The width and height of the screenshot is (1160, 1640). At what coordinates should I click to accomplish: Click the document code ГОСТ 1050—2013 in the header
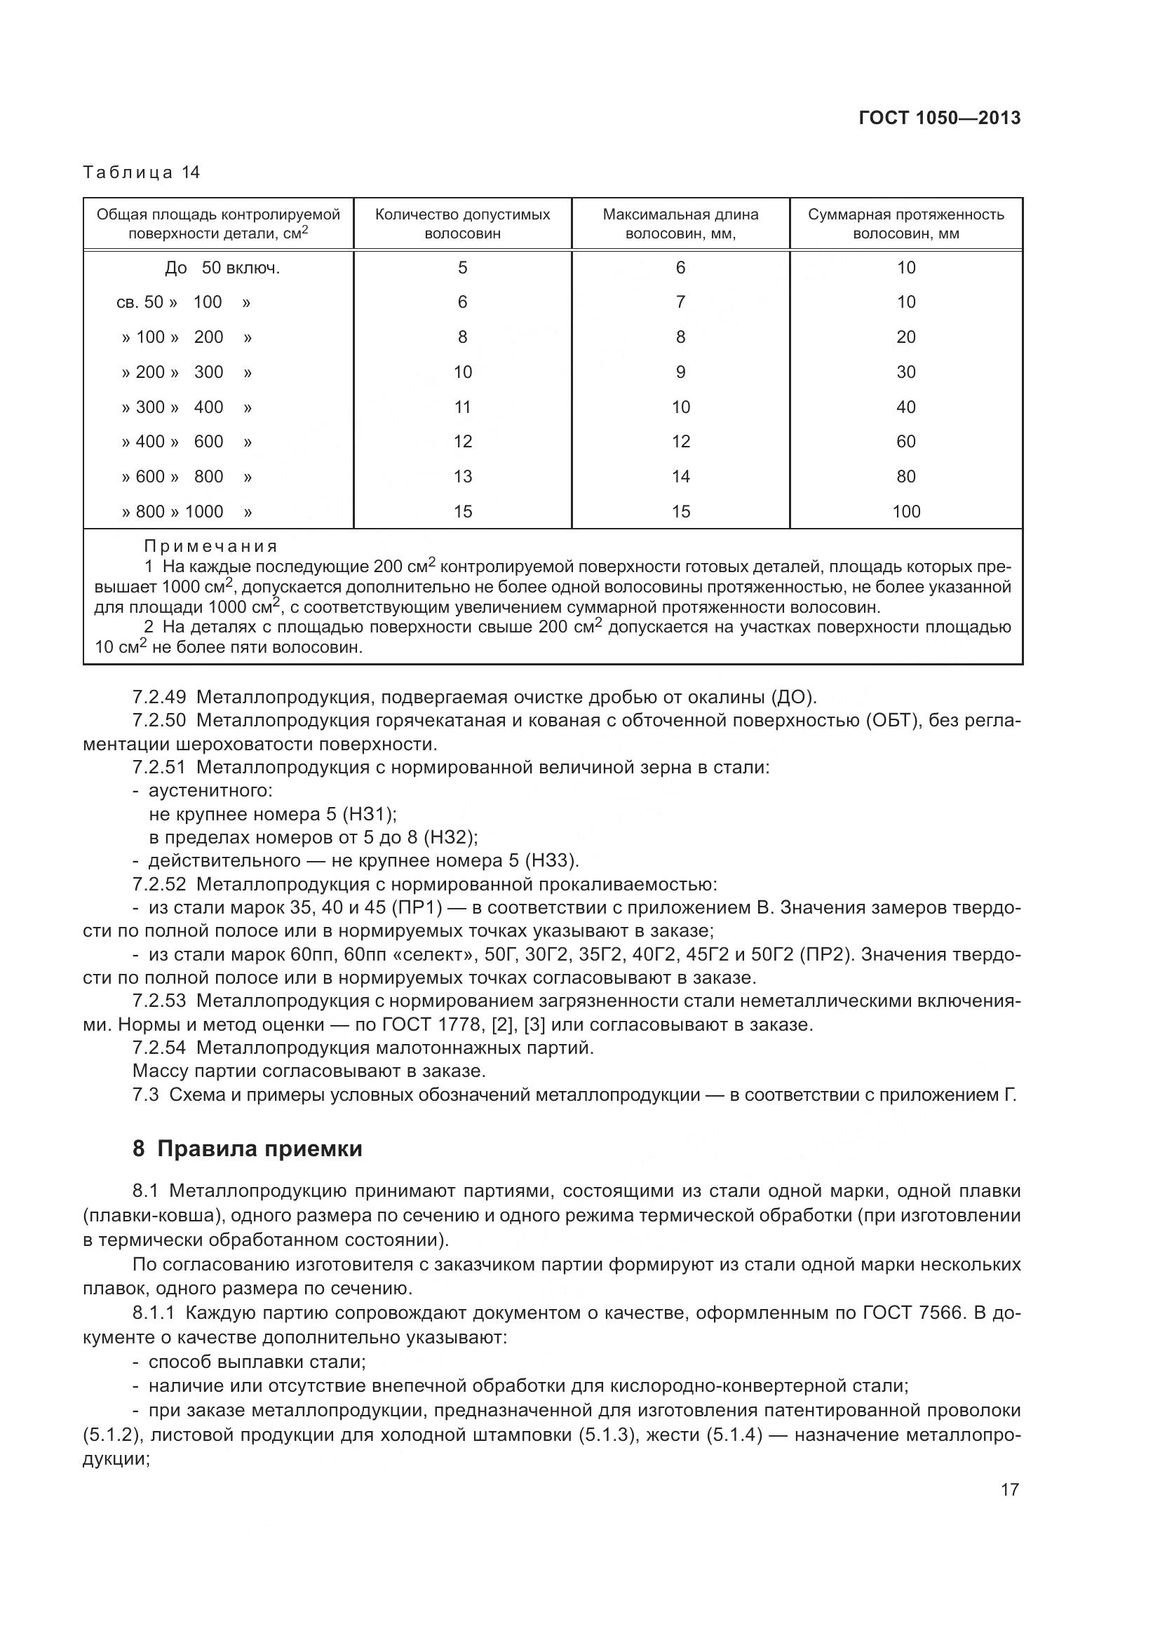[939, 118]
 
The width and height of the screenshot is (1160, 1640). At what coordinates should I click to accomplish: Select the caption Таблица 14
[142, 172]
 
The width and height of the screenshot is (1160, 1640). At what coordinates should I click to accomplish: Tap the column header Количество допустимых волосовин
[462, 224]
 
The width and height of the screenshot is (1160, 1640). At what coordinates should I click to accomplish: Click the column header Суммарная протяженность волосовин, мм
[905, 224]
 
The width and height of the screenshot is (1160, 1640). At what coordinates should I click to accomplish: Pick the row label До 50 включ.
[222, 268]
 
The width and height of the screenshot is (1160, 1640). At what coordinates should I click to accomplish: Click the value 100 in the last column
[905, 511]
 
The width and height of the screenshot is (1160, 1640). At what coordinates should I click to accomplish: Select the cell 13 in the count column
[462, 476]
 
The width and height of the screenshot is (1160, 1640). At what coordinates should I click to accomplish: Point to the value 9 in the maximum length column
[680, 372]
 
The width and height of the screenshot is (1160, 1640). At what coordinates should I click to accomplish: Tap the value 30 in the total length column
[905, 372]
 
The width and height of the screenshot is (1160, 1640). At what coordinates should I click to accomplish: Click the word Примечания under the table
[210, 546]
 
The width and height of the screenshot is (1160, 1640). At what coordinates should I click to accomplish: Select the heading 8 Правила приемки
[247, 1148]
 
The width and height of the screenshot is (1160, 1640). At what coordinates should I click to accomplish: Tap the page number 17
[1009, 1489]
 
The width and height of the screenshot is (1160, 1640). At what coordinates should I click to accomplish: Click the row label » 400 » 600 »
[187, 442]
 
